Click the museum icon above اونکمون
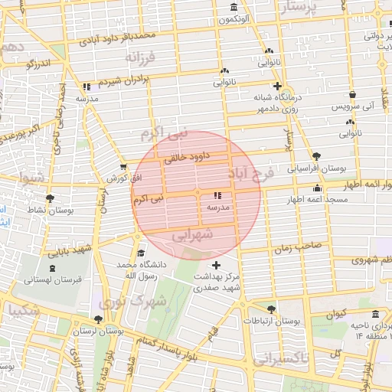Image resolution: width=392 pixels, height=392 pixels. pyautogui.click(x=233, y=8)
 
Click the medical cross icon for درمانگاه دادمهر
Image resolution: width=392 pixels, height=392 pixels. pyautogui.click(x=277, y=86)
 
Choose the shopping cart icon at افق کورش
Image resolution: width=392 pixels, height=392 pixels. pyautogui.click(x=123, y=166)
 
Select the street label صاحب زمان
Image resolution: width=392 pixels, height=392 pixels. pyautogui.click(x=288, y=248)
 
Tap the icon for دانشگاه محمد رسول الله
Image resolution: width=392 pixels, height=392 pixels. pyautogui.click(x=139, y=253)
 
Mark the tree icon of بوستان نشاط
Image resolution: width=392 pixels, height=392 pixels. pyautogui.click(x=50, y=198)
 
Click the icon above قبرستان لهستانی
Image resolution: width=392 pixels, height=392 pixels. pyautogui.click(x=51, y=268)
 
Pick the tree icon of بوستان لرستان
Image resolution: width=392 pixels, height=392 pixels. pyautogui.click(x=97, y=319)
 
